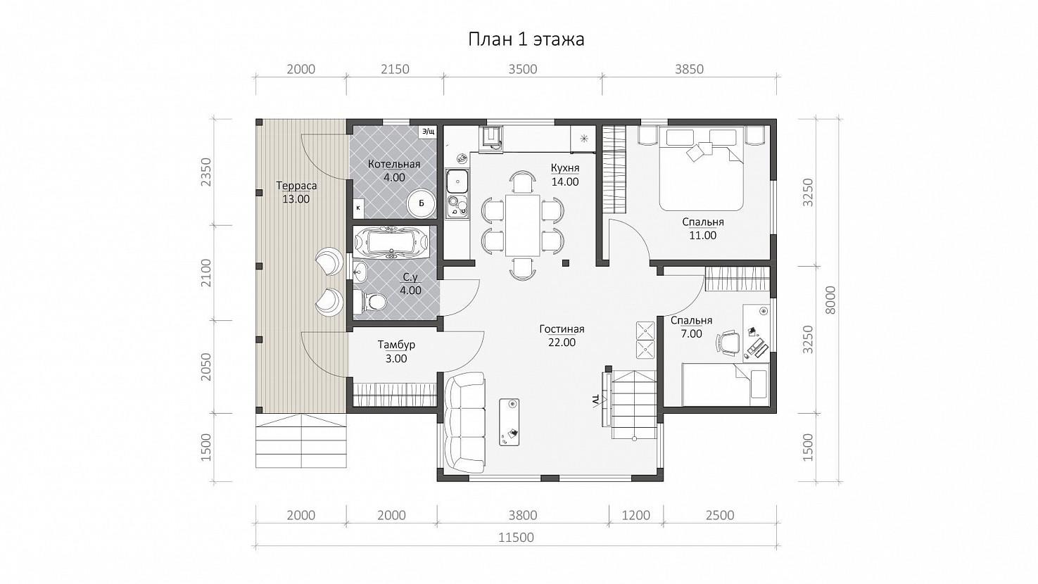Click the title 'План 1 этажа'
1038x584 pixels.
526,39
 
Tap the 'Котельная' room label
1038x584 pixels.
394,164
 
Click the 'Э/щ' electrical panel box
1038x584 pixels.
428,132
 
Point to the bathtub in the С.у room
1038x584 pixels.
392,241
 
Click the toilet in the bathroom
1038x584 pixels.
369,302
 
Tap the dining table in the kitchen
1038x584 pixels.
523,225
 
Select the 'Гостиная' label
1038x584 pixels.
562,329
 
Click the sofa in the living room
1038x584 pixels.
464,421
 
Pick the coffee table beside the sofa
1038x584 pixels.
509,421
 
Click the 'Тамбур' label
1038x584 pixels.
396,345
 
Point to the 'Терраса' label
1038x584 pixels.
296,186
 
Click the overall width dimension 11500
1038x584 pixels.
517,538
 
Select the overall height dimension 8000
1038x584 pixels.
831,300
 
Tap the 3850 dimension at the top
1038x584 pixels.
689,70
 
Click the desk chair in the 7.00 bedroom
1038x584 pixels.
728,343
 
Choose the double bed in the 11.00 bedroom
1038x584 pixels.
702,170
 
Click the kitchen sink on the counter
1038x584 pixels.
457,182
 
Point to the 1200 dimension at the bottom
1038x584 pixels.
635,516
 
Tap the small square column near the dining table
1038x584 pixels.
565,263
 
